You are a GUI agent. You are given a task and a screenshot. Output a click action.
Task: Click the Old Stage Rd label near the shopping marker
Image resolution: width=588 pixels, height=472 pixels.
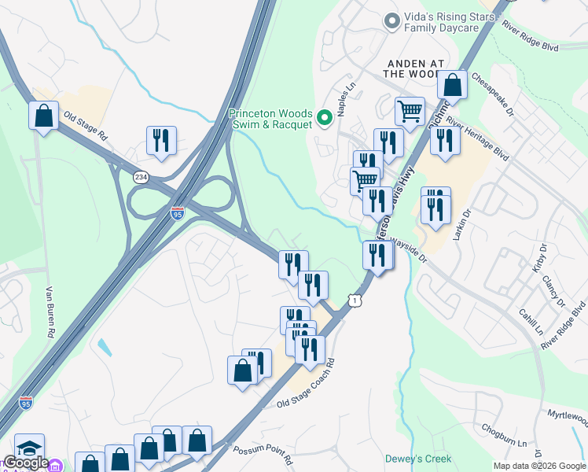(85, 124)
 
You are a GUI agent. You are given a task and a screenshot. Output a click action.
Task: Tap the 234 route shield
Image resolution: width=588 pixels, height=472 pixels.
(140, 177)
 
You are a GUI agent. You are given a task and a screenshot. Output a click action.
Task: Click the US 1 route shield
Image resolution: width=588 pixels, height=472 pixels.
(356, 301)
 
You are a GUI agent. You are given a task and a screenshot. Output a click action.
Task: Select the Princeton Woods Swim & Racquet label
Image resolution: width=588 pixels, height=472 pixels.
(270, 119)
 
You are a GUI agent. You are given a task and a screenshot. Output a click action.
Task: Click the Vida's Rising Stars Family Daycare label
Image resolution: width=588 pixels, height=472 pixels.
(451, 22)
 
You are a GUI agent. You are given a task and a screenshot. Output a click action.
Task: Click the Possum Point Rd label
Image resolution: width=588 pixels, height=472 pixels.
(263, 455)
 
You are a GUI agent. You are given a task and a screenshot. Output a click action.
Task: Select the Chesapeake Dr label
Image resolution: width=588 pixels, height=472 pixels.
(492, 94)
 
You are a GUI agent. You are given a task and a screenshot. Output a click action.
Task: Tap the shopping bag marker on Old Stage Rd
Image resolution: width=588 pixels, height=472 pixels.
(44, 116)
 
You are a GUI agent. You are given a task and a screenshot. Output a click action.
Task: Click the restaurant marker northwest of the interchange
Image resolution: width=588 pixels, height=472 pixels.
(161, 141)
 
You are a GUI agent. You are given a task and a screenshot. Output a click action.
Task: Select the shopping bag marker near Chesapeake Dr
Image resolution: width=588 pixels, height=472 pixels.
(452, 83)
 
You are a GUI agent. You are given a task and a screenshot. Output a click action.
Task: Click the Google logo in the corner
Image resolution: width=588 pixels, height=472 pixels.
(26, 463)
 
